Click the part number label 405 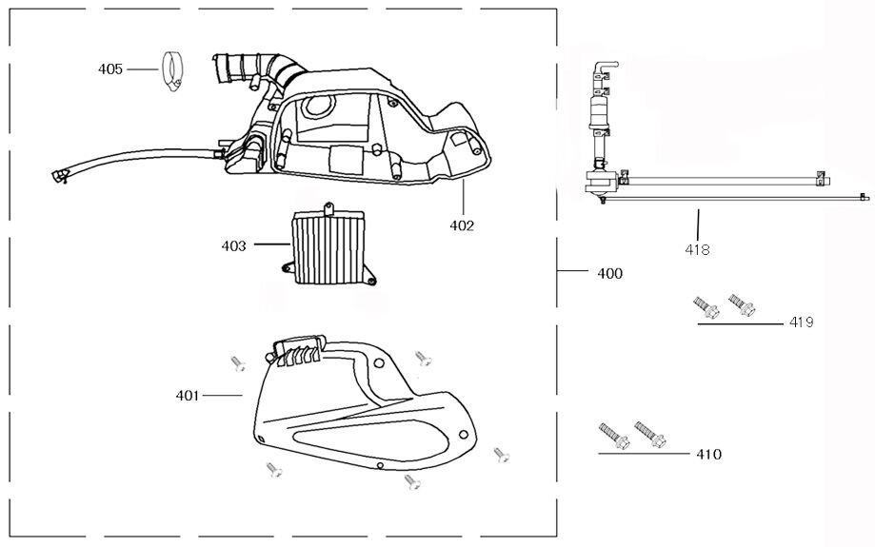click(110, 69)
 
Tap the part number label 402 click(462, 225)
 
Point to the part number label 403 click(233, 246)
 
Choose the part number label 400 click(609, 273)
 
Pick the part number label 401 click(187, 395)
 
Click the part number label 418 click(697, 249)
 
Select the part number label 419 click(801, 322)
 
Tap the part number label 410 click(708, 455)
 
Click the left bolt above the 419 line click(704, 307)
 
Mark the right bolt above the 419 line click(741, 304)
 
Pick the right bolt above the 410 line click(650, 434)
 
